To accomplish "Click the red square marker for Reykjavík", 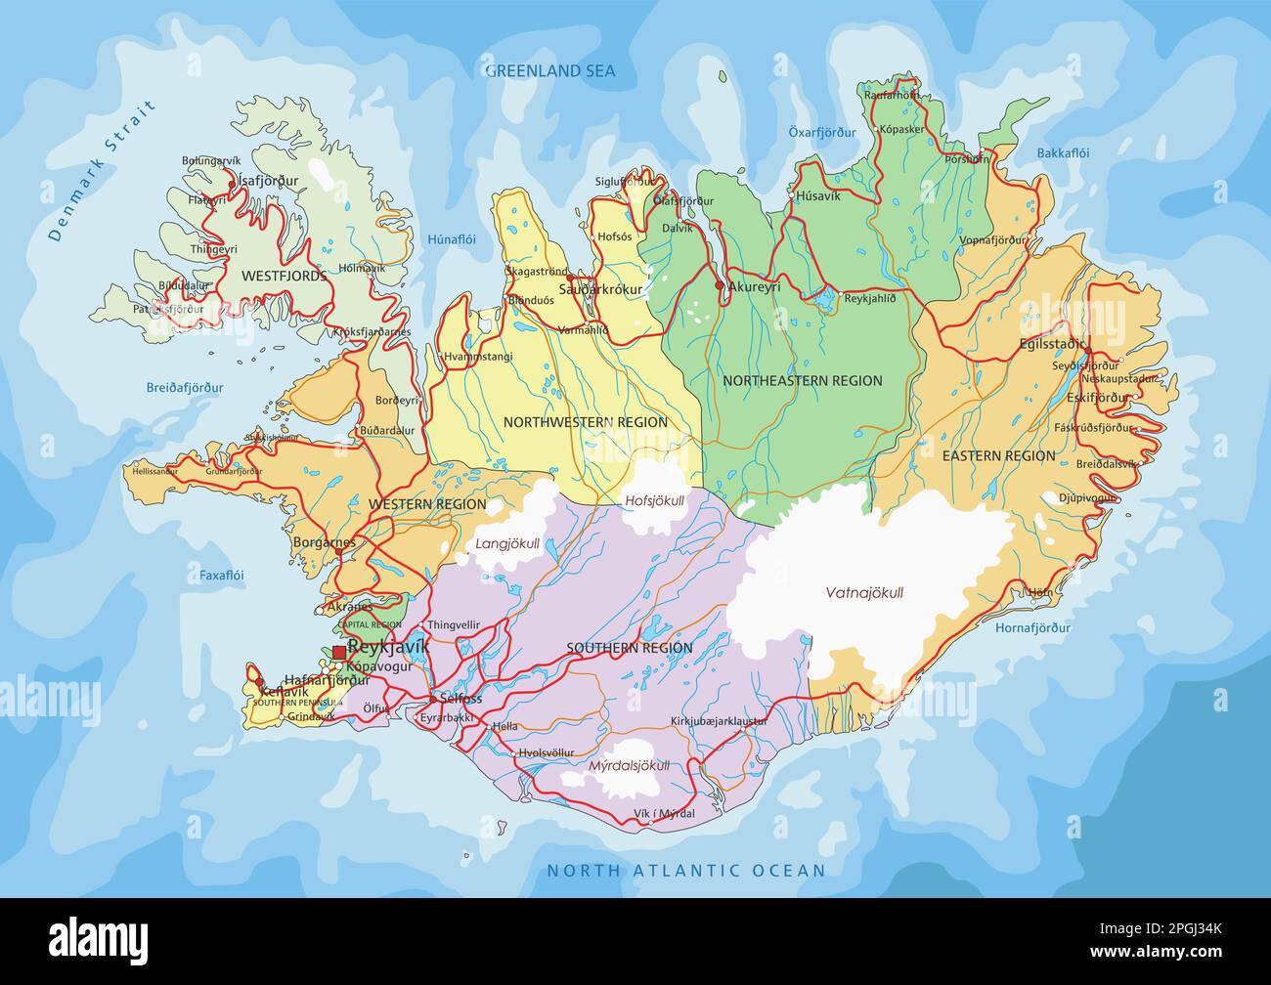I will coord(338,652).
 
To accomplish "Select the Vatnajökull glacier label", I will coord(864,592).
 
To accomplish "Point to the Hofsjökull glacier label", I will coord(654,500).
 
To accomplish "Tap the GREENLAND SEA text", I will coord(550,70).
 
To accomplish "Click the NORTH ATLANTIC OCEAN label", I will coord(685,870).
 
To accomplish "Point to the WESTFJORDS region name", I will coord(284,277).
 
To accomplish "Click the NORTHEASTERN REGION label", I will coord(802,381).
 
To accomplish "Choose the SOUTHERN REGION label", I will coord(630,648).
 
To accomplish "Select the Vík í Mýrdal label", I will coord(664,813).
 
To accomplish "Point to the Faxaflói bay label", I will coord(221,576).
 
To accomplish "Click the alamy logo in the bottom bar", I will coord(99,940).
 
